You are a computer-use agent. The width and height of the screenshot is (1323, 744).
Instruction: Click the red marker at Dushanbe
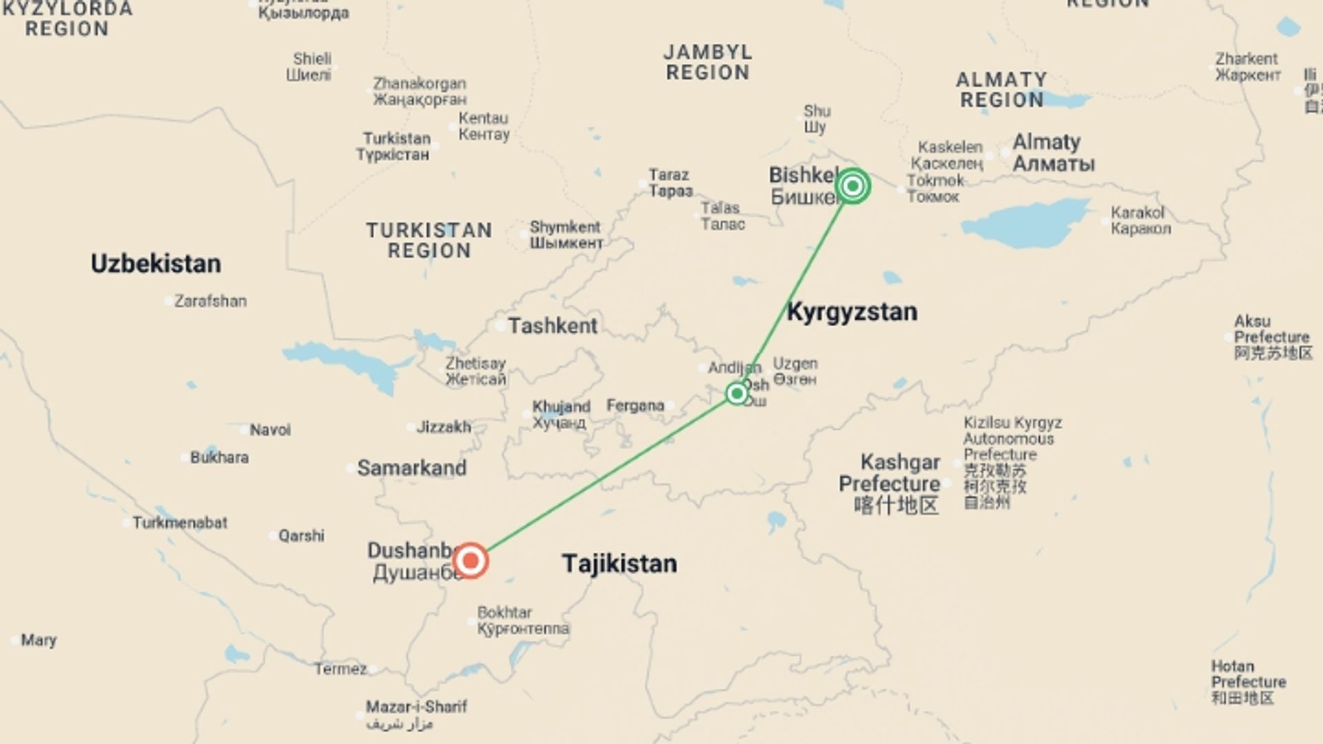471,560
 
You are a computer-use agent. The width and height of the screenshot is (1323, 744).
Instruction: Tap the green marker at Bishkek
852,186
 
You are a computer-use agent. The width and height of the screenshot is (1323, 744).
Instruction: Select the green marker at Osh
737,393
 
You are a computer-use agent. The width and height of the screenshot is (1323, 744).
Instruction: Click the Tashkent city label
552,326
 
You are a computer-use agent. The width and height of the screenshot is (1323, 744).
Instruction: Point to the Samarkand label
411,468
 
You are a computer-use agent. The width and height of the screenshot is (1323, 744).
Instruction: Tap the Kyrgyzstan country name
852,311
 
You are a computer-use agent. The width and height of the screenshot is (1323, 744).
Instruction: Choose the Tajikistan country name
619,564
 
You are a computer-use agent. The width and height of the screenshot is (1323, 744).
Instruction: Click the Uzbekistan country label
156,263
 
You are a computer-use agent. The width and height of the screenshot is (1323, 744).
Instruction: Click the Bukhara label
219,457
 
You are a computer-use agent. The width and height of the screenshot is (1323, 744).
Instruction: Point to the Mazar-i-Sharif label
416,707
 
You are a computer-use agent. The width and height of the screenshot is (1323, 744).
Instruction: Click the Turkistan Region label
429,240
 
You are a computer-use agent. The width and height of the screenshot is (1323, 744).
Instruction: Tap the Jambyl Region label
708,62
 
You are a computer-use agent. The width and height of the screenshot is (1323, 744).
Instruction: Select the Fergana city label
635,406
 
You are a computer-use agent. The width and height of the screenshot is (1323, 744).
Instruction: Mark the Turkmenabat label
180,523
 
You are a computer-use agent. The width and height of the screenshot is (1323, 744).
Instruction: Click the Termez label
340,669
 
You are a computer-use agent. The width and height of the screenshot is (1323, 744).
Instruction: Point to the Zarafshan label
210,301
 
